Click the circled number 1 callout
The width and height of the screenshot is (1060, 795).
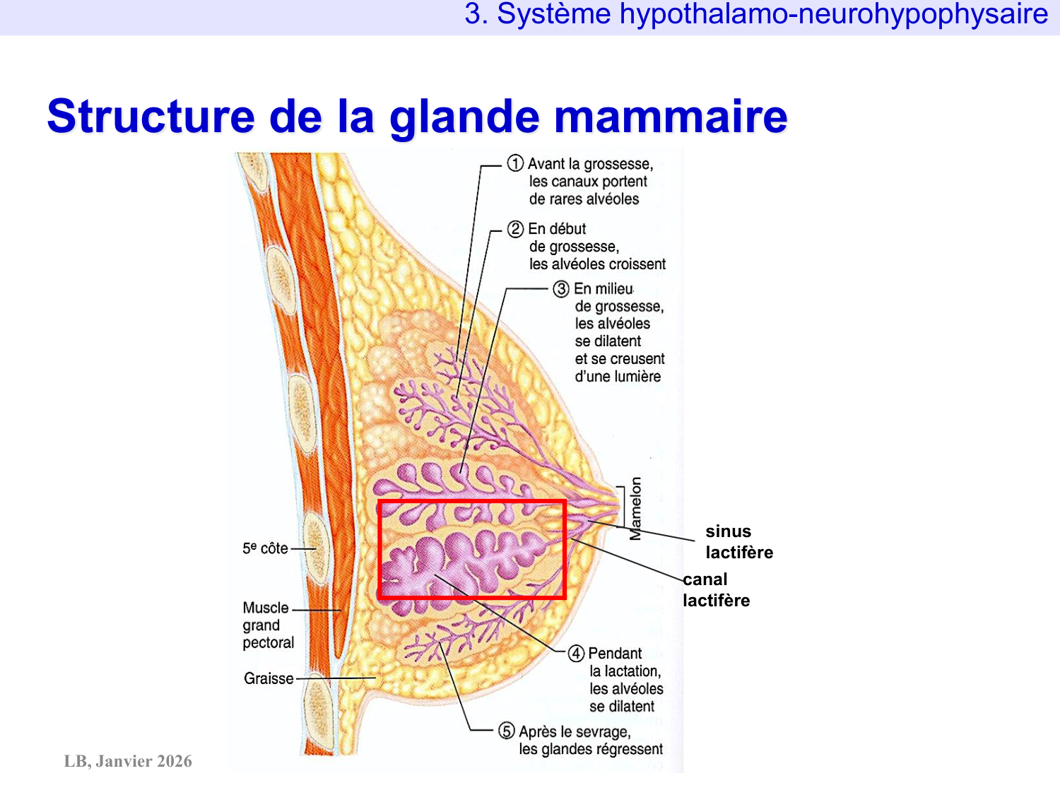pyautogui.click(x=515, y=164)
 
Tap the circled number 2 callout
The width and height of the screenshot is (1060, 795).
pyautogui.click(x=515, y=229)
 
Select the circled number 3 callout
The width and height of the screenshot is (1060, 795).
pyautogui.click(x=561, y=289)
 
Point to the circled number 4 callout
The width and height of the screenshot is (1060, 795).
pyautogui.click(x=576, y=654)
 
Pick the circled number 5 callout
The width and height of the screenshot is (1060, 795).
pyautogui.click(x=507, y=731)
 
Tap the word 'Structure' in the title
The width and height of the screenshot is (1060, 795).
pyautogui.click(x=151, y=117)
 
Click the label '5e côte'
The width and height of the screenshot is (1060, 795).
pyautogui.click(x=265, y=548)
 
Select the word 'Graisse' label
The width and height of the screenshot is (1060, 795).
pyautogui.click(x=269, y=678)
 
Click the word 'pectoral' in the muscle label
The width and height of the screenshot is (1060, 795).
pyautogui.click(x=268, y=643)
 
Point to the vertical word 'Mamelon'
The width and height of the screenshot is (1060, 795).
pyautogui.click(x=636, y=508)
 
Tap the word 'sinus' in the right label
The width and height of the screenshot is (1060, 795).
pyautogui.click(x=728, y=531)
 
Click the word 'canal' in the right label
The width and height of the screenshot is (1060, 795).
pyautogui.click(x=705, y=579)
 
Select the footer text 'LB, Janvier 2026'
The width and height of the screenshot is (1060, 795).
pyautogui.click(x=128, y=761)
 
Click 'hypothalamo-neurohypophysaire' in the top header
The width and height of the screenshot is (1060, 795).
pyautogui.click(x=834, y=14)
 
